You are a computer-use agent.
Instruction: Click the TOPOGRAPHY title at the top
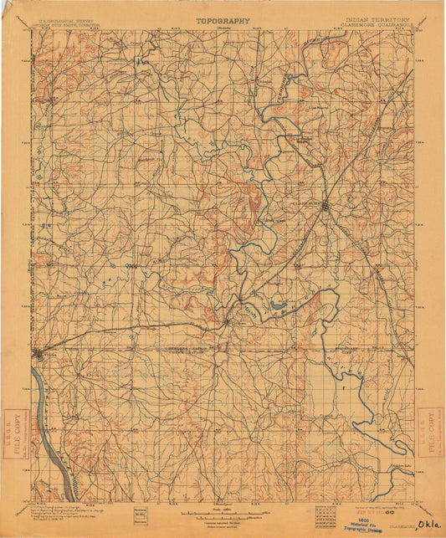223,19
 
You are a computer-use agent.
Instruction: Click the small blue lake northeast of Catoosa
279,306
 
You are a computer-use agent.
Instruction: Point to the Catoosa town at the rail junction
227,320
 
